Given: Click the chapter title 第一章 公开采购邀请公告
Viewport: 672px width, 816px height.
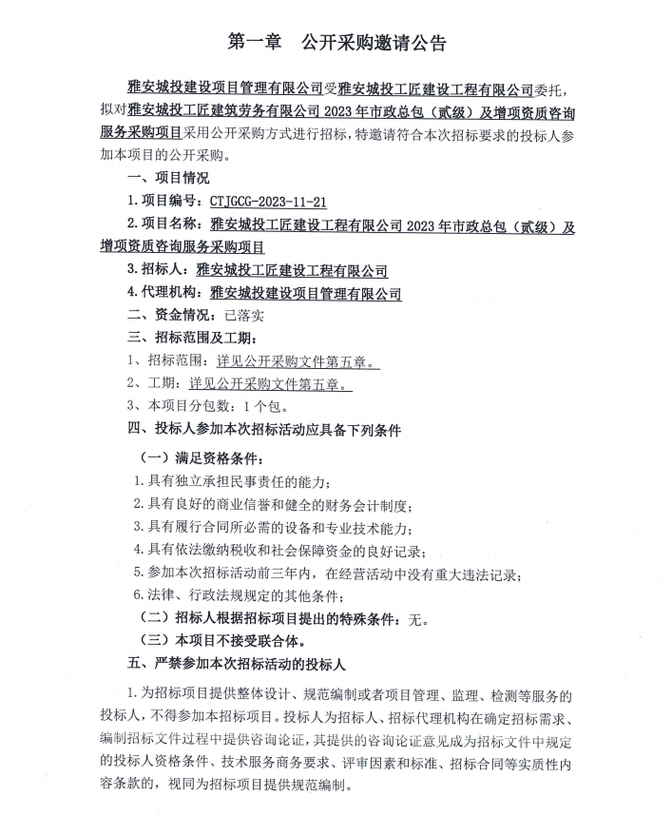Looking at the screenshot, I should (x=337, y=43).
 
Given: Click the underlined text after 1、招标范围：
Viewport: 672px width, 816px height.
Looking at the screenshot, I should (x=296, y=362).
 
